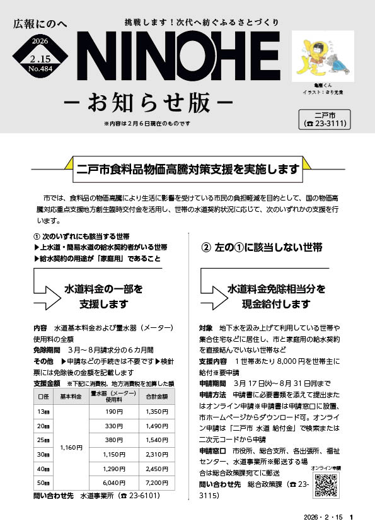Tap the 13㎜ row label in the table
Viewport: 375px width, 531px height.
pyautogui.click(x=44, y=411)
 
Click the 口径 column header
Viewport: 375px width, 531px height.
pyautogui.click(x=44, y=397)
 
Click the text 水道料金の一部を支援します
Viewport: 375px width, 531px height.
pyautogui.click(x=103, y=296)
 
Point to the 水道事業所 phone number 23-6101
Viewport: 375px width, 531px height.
pyautogui.click(x=144, y=496)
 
